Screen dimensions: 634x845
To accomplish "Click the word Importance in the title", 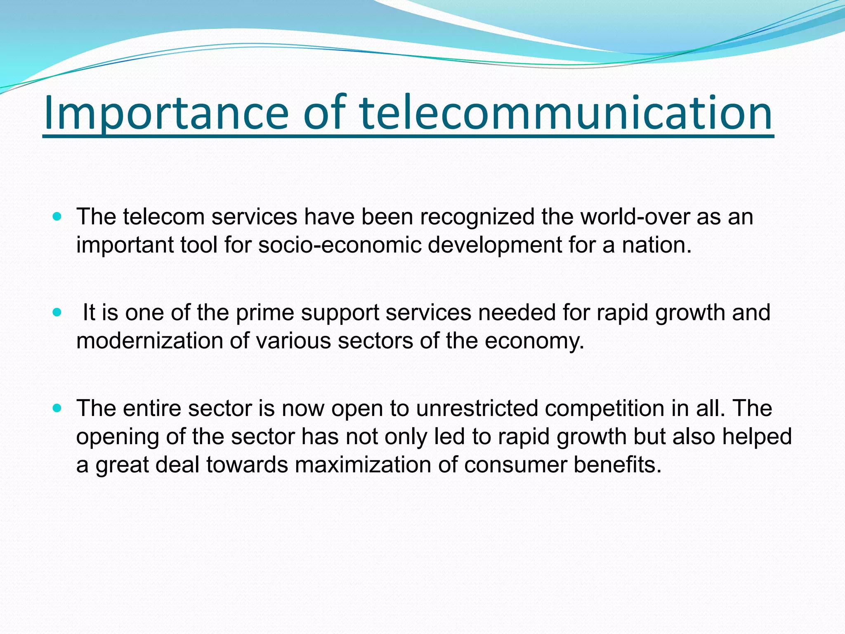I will click(x=165, y=112).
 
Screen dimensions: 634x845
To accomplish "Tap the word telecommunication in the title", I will click(x=566, y=112).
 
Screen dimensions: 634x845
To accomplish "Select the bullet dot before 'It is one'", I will click(x=57, y=312).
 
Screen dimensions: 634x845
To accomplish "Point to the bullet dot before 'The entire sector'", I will click(x=57, y=408).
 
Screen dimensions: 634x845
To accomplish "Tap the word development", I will click(x=494, y=246).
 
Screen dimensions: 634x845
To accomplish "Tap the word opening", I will click(x=118, y=438).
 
